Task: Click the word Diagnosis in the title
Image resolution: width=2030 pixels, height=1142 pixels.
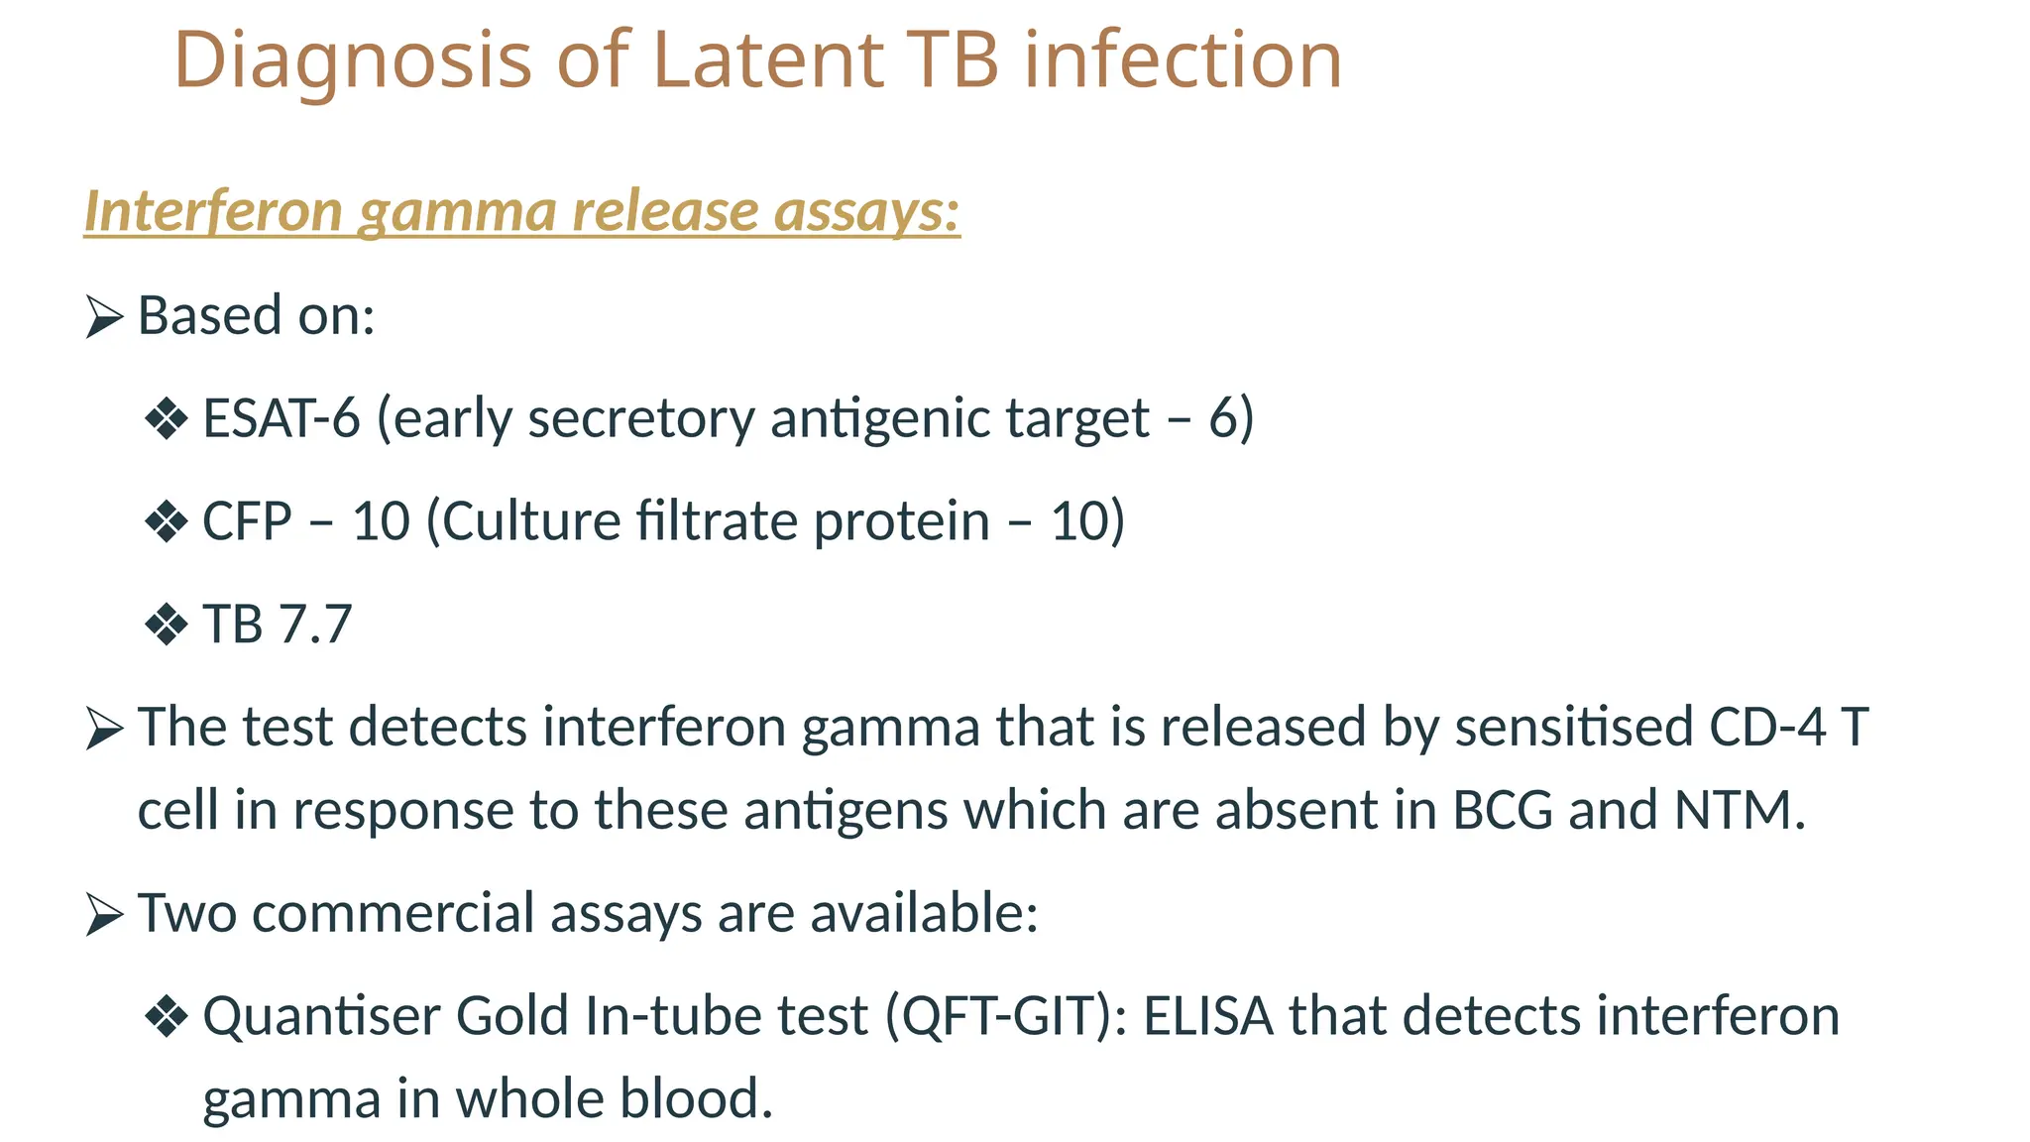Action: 353,61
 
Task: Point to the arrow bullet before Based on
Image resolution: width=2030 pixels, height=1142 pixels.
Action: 104,317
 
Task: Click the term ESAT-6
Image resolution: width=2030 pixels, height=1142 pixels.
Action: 281,418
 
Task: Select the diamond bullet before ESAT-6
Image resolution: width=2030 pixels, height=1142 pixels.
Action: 166,419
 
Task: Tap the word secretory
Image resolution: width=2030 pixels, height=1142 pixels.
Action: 641,418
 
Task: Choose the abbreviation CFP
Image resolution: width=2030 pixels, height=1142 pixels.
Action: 247,521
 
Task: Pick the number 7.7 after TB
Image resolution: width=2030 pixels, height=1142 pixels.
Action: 315,625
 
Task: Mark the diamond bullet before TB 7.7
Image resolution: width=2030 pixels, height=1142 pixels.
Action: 166,626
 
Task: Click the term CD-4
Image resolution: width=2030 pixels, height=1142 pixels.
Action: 1767,727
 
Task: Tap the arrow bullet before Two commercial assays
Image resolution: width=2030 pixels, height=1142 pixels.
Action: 104,914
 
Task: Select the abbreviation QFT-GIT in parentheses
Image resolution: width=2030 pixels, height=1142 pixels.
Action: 1005,1017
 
